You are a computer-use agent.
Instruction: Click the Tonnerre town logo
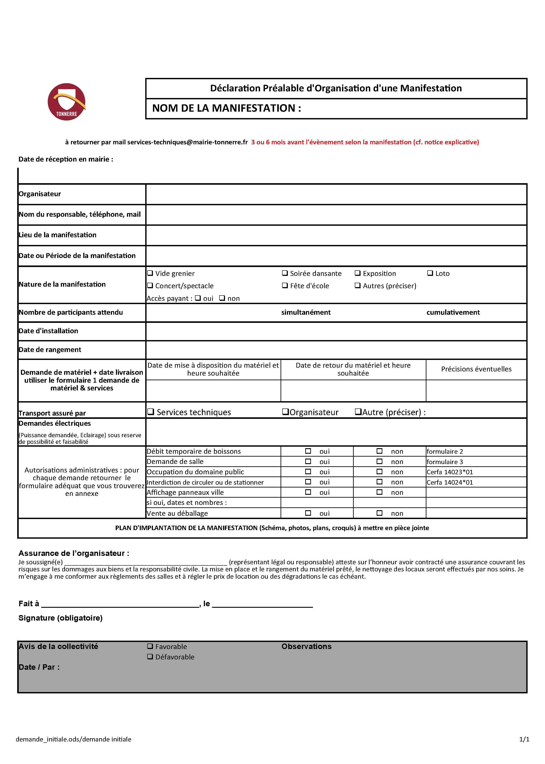(x=67, y=102)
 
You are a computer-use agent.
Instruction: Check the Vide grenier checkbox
(x=150, y=273)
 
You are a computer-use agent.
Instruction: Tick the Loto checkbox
(x=430, y=273)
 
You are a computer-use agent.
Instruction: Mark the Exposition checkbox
(x=357, y=273)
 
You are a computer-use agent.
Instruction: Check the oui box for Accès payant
(x=198, y=298)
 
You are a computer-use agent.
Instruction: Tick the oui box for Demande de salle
(x=308, y=461)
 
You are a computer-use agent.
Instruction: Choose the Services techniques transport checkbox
(x=151, y=412)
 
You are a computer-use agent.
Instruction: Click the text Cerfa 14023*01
(x=450, y=472)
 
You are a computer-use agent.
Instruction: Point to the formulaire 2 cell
(x=445, y=452)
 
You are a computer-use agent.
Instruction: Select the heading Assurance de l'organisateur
(x=74, y=553)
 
